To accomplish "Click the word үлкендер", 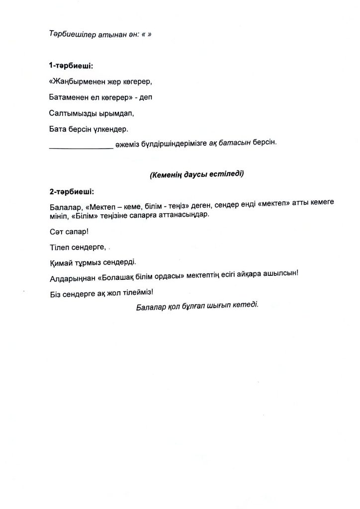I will click(110, 129).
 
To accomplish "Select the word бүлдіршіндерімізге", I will click(173, 143).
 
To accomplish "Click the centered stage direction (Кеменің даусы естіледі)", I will click(197, 174).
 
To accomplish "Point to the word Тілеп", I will click(59, 247).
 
